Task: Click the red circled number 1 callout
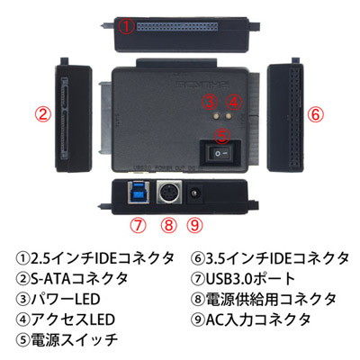point(126,26)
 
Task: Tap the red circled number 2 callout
point(43,115)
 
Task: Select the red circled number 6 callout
point(316,115)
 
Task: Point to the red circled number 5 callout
point(222,136)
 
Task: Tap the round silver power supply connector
point(169,193)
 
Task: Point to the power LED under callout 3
point(216,115)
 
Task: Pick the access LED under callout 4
point(229,115)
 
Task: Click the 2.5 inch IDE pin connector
point(177,26)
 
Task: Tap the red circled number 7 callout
point(138,224)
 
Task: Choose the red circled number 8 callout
point(169,224)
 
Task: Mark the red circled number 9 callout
point(194,224)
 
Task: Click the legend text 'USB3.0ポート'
point(250,279)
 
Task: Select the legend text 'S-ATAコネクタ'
point(79,279)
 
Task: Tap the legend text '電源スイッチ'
point(74,339)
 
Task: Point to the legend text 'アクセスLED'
point(73,319)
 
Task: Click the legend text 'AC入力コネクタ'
point(258,319)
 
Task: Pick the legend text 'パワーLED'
point(65,299)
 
